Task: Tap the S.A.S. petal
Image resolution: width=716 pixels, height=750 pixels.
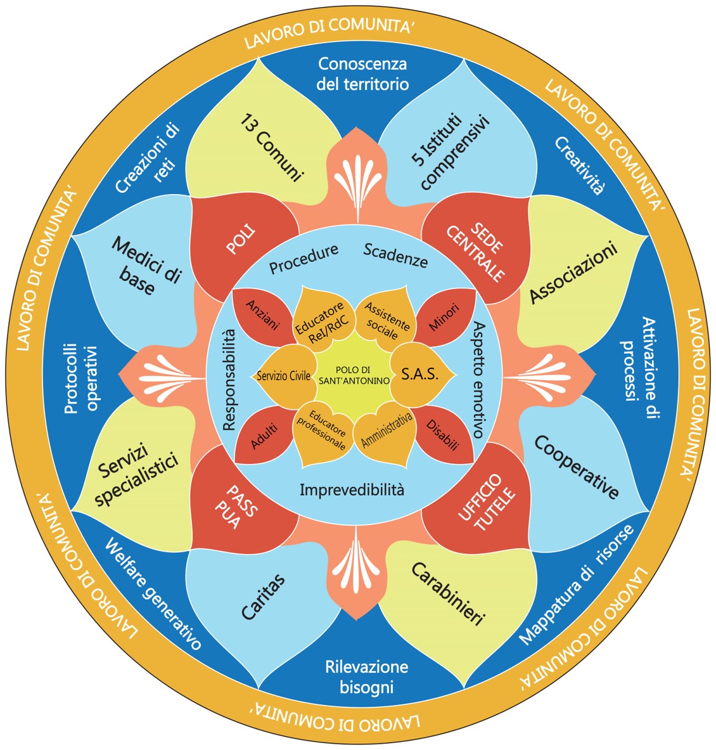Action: click(x=420, y=375)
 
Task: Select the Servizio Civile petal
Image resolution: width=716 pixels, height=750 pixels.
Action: click(x=283, y=375)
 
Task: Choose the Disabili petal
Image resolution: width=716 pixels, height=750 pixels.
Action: click(x=443, y=436)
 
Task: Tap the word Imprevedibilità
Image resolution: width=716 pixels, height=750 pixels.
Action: click(x=352, y=490)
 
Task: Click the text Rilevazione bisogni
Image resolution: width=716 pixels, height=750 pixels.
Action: click(x=366, y=676)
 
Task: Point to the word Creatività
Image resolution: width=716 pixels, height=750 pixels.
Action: click(x=580, y=164)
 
